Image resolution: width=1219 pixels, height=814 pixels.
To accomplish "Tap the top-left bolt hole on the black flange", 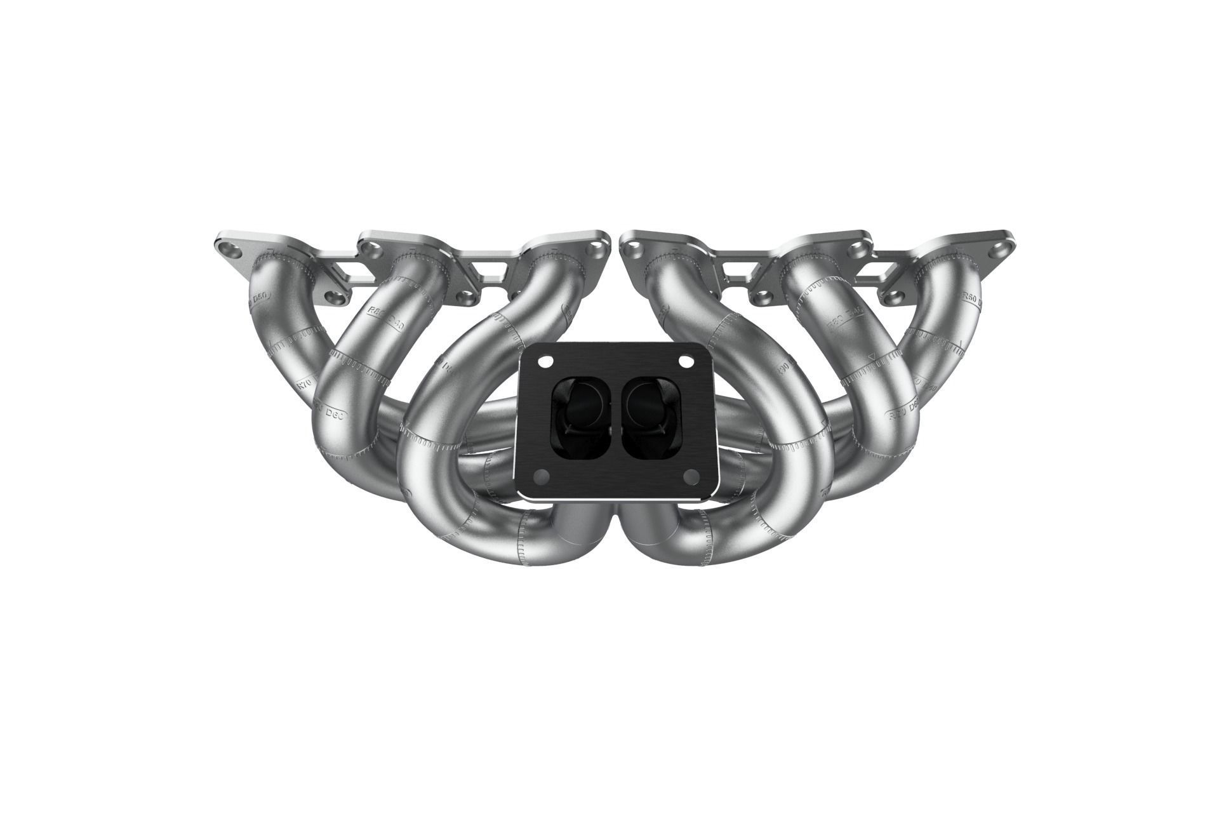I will [544, 361].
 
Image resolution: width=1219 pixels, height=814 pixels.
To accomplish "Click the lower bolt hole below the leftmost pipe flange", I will [335, 297].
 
